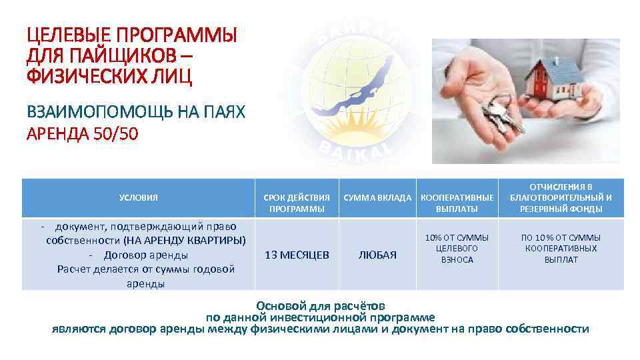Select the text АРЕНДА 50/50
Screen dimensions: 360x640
tap(82, 135)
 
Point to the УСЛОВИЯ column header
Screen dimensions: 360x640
tap(138, 198)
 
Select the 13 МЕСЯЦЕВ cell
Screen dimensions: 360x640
tap(297, 255)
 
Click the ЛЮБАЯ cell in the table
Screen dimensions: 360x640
tap(377, 255)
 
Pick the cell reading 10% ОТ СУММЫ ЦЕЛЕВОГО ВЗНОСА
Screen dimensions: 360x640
tap(457, 248)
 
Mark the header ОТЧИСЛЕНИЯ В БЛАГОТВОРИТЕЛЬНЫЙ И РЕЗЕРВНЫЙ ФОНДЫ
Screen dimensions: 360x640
tap(561, 198)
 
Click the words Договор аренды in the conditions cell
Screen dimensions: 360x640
tap(145, 255)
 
